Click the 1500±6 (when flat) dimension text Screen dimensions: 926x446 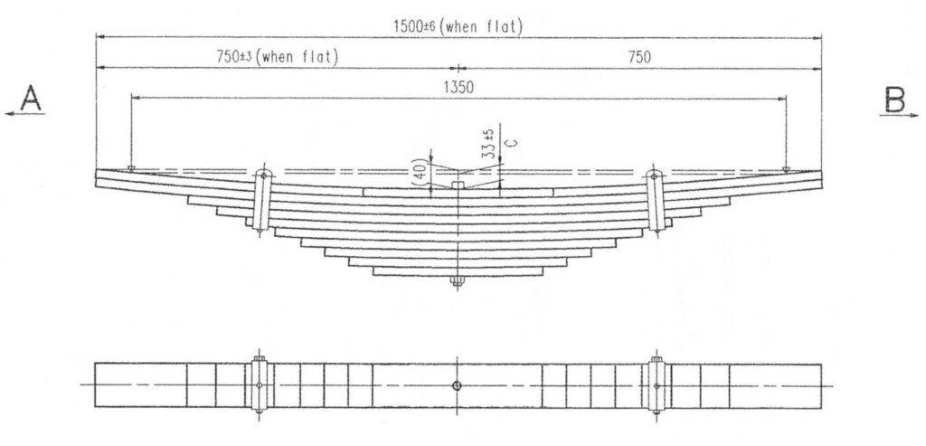458,26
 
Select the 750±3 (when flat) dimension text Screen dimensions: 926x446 278,57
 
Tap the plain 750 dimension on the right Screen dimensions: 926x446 639,57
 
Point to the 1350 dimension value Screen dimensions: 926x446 458,88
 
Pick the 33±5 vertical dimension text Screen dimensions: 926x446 487,144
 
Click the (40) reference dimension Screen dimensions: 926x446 421,171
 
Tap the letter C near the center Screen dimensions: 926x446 513,142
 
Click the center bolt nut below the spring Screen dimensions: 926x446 457,281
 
